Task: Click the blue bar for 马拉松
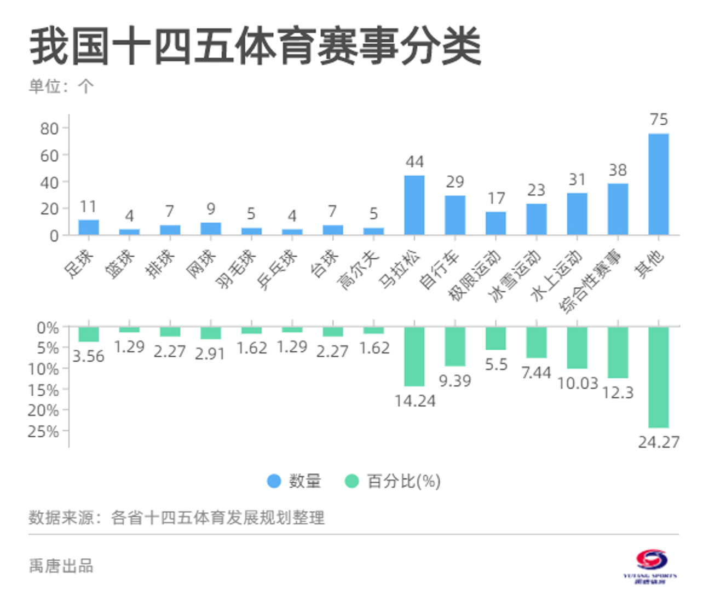click(414, 205)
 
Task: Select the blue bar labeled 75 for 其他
click(658, 184)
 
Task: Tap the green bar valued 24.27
click(658, 377)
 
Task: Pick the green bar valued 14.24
click(414, 356)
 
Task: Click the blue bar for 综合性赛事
click(618, 210)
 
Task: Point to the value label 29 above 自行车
click(455, 182)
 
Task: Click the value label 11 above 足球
click(88, 207)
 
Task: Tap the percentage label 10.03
click(578, 383)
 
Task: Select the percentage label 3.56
click(88, 356)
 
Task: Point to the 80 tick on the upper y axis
click(49, 129)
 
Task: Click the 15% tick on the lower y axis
click(44, 390)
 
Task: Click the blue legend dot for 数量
click(274, 481)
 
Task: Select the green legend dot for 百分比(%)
click(351, 481)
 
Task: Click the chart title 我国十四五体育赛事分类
click(255, 47)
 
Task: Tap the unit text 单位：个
click(61, 86)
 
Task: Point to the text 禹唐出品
click(61, 566)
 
